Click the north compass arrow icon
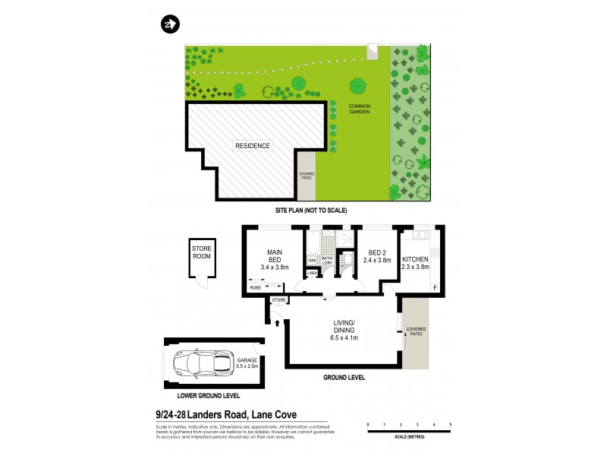(169, 24)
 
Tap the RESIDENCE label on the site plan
(251, 146)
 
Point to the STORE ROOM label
(202, 252)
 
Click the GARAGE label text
(247, 363)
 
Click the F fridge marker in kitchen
(435, 288)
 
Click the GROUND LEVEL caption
(344, 378)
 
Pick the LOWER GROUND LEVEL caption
(209, 396)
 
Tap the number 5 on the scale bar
(451, 423)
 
